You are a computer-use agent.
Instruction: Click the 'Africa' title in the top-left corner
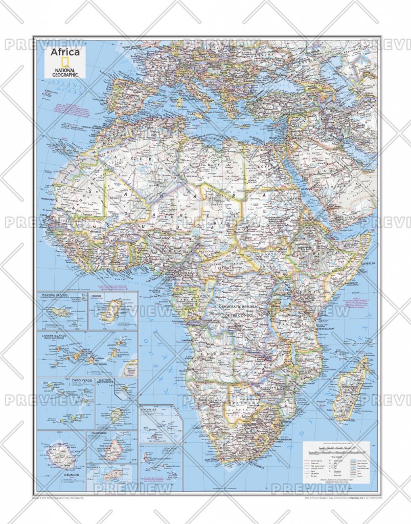point(64,52)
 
